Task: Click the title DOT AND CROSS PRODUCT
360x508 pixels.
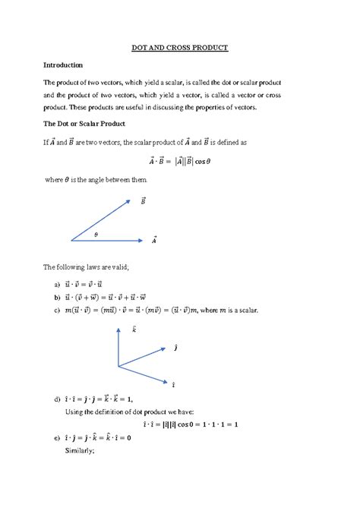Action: tap(180, 47)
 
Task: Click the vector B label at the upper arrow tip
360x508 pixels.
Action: tap(143, 201)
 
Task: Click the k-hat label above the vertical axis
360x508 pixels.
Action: tap(134, 330)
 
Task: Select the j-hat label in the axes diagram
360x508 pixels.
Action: tap(176, 348)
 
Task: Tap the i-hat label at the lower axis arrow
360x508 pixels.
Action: tap(175, 385)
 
